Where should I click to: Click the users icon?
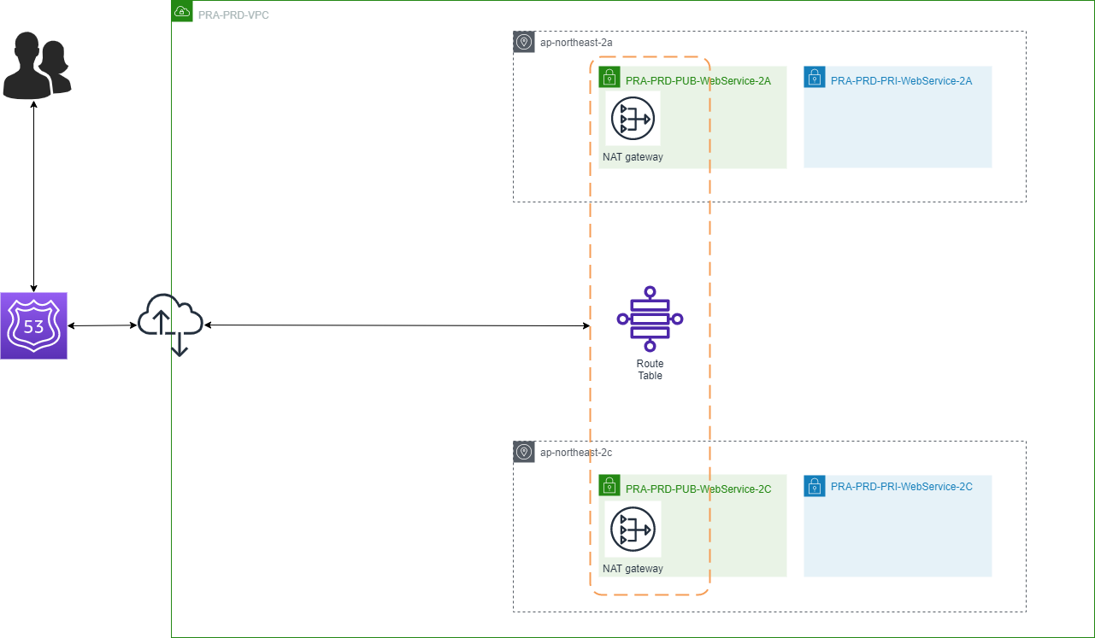36,64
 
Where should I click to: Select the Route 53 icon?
33,325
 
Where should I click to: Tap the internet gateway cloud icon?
170,322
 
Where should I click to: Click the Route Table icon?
650,319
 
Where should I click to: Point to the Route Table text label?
650,370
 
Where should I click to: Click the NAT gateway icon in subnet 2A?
633,118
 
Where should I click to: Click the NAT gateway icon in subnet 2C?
633,530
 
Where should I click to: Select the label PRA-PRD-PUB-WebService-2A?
698,81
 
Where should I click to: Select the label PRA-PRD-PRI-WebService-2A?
901,81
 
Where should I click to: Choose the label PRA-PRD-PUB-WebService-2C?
698,489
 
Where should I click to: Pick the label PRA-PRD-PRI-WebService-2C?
901,486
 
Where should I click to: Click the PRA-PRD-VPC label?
233,15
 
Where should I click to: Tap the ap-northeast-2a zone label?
576,42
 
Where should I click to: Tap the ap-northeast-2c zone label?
576,452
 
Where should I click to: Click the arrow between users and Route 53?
33,196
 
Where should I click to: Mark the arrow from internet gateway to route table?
397,325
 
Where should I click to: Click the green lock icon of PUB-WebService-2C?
609,486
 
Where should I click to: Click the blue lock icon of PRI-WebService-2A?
814,78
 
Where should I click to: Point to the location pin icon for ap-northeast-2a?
524,42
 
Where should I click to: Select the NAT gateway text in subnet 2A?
633,157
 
